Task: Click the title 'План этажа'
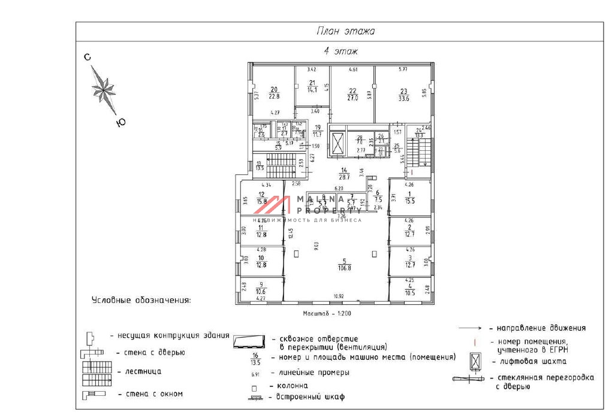coord(345,31)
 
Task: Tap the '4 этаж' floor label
coord(341,52)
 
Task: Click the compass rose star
coord(104,89)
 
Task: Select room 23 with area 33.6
coord(403,95)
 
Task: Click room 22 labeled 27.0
coord(353,95)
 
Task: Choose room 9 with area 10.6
coord(260,288)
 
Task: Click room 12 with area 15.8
coord(261,198)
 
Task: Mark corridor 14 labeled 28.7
coord(344,175)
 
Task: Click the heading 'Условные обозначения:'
coord(141,300)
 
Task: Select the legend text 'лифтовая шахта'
coord(527,361)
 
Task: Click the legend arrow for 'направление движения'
coord(471,328)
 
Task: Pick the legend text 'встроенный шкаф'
coord(310,396)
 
